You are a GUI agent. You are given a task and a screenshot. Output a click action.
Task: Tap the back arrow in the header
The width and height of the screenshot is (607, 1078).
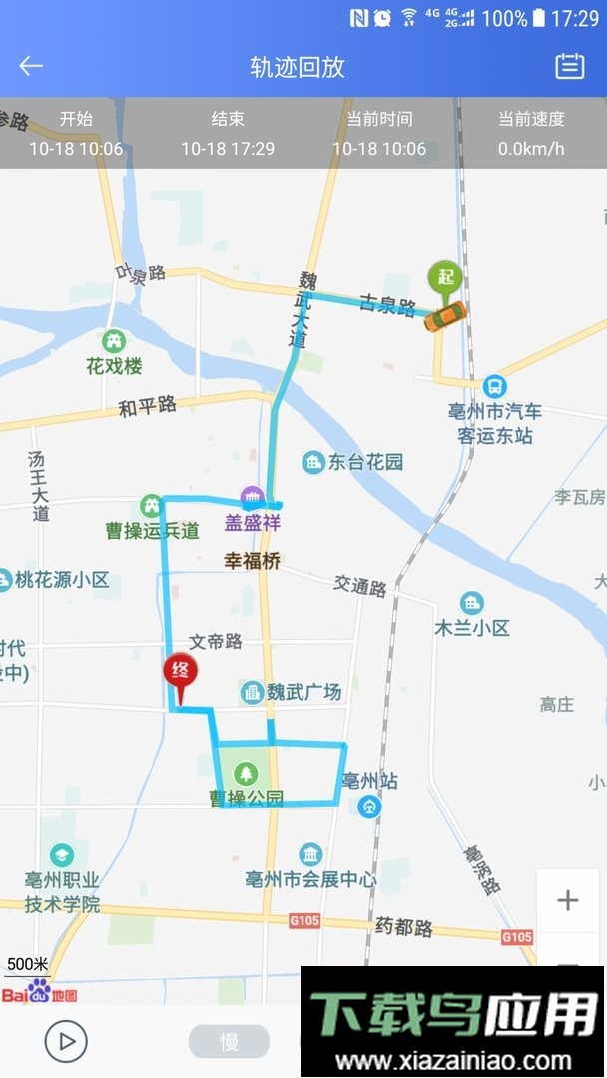coord(31,66)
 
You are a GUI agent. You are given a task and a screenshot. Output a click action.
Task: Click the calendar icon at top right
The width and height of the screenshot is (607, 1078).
coord(569,66)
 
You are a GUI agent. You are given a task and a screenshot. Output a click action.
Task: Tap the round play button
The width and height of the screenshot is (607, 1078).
coord(66,1041)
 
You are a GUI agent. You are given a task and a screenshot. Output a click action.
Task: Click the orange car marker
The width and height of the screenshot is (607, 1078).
coord(445,315)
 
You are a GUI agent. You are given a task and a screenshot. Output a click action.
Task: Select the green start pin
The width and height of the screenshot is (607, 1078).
coord(444,276)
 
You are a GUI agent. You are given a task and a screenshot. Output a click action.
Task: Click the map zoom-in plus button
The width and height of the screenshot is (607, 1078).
coord(567,900)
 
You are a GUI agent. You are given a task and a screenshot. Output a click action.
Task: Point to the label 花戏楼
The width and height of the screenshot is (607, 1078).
coord(114,365)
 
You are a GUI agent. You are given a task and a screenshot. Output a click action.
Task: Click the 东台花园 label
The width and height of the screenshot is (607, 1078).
coord(365,462)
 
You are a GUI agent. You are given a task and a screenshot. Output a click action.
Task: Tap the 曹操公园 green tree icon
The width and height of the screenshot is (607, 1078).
coord(246,773)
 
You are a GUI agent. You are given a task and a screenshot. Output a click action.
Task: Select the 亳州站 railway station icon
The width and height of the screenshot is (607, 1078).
coord(370,806)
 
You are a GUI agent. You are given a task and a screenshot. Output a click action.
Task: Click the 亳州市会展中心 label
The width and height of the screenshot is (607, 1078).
coord(311,879)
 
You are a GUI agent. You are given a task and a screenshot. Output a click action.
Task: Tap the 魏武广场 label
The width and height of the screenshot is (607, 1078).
coord(303,691)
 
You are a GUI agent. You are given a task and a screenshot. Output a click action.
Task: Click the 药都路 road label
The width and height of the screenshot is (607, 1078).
coord(405,928)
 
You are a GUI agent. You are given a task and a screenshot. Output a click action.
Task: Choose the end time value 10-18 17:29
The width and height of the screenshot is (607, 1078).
coord(228,149)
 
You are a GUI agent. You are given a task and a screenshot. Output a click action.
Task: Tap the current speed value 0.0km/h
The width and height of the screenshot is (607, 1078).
coord(531,149)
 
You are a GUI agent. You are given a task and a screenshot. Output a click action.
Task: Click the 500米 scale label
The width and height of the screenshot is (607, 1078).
coord(27,964)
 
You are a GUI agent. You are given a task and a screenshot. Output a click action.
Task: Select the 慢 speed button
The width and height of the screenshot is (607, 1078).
coord(229,1041)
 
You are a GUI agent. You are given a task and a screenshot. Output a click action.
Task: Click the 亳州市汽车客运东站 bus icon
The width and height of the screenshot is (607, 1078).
coord(494,386)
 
